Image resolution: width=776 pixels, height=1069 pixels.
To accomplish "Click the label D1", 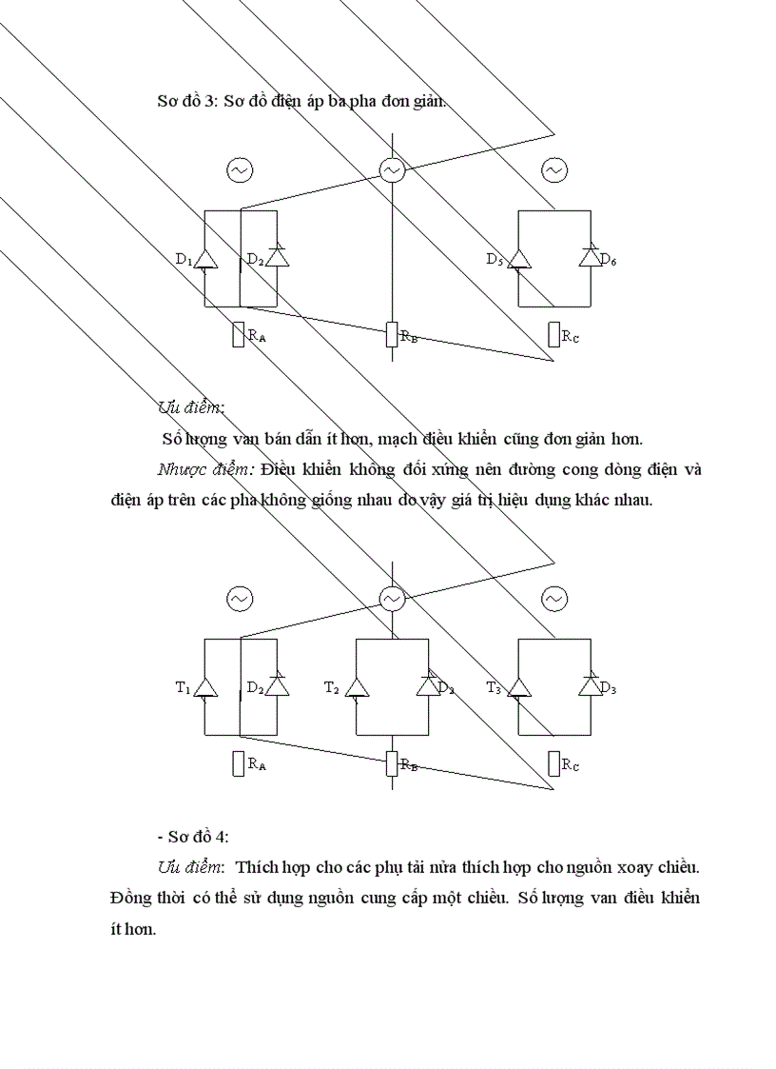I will click(x=184, y=260).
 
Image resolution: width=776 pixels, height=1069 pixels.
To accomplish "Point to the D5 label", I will click(x=494, y=260).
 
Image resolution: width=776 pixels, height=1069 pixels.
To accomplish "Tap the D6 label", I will click(x=609, y=260).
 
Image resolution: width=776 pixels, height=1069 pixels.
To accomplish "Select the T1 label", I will click(x=183, y=687).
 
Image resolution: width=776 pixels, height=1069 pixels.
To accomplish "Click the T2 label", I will click(x=331, y=687).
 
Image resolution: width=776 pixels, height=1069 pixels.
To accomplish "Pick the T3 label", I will click(x=494, y=687).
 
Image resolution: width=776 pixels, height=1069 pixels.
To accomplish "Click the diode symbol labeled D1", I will click(x=205, y=259).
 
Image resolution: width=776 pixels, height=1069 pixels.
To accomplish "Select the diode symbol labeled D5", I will click(x=518, y=259).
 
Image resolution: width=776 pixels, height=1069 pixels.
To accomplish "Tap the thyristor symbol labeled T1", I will click(x=205, y=687).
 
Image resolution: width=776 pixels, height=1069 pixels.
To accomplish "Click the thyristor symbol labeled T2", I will click(x=356, y=687).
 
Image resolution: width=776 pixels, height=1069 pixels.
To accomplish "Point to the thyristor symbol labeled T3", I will click(x=518, y=687).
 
